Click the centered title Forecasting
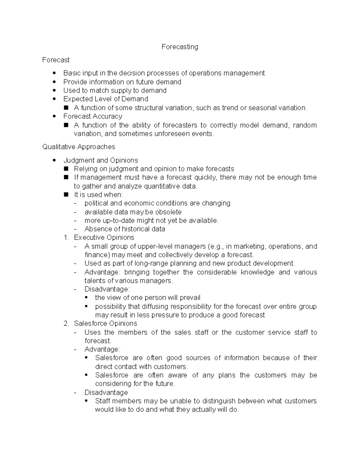click(x=180, y=47)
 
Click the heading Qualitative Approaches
click(x=79, y=147)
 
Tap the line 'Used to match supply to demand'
click(x=115, y=90)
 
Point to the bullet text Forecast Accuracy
click(x=93, y=116)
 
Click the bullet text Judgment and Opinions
click(x=100, y=160)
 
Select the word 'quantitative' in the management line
click(x=162, y=186)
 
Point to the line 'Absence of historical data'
click(x=125, y=229)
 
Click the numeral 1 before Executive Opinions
click(x=66, y=237)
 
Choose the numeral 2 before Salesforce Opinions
click(x=66, y=323)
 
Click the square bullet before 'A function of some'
click(x=66, y=108)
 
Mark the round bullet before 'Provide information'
click(x=54, y=82)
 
